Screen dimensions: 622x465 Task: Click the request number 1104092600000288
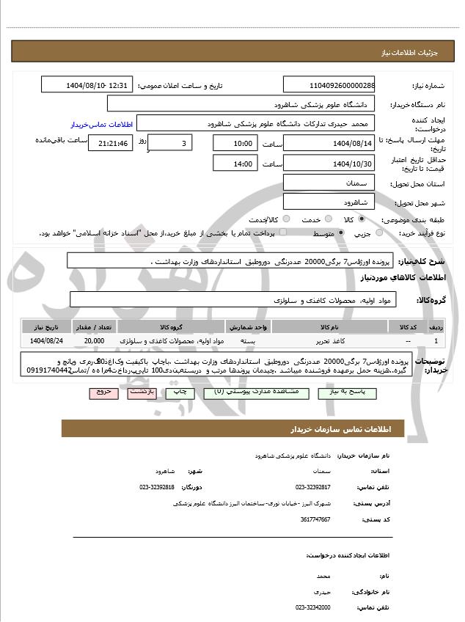coord(329,85)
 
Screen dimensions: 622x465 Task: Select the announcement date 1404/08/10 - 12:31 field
coord(87,85)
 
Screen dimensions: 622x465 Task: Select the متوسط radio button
coord(341,233)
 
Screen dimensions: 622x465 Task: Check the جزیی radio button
coord(379,233)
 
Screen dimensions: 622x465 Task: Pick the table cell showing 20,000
coord(94,341)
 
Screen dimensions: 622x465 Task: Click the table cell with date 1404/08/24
coord(47,341)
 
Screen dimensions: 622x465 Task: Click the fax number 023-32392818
coord(157,487)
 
